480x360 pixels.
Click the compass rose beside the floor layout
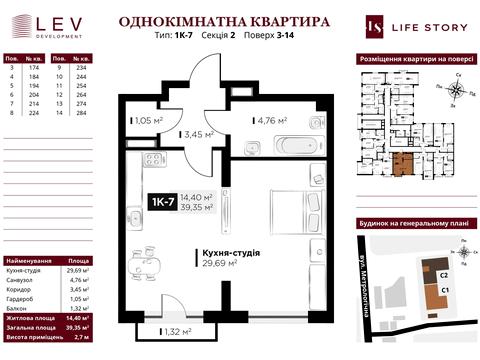pyautogui.click(x=455, y=89)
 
